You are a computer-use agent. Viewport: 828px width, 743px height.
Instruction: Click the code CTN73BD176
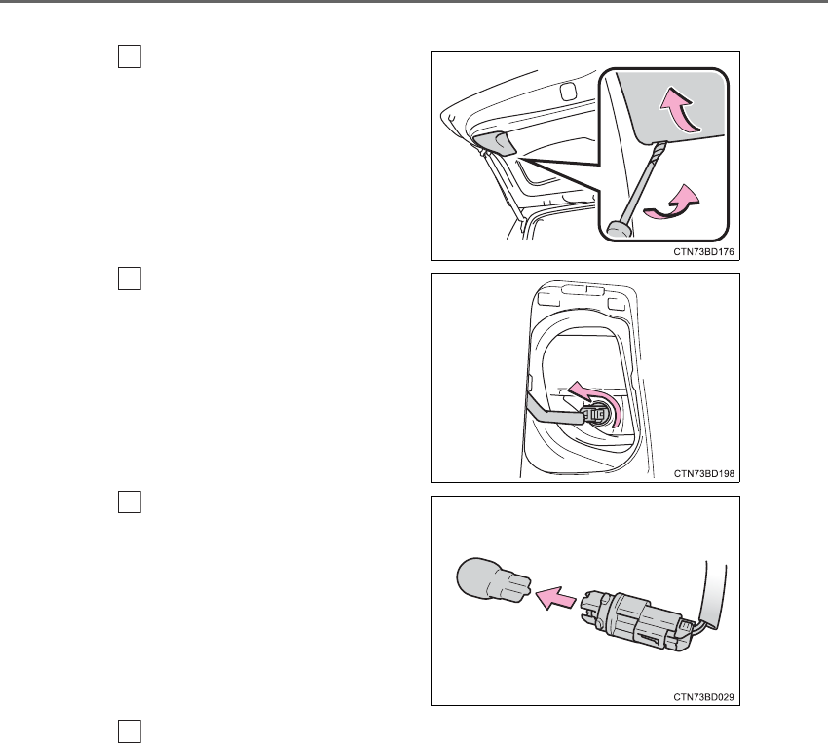click(x=703, y=251)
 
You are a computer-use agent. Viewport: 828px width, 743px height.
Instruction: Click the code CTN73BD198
click(x=704, y=474)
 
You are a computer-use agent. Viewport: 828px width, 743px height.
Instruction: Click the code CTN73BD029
click(x=703, y=697)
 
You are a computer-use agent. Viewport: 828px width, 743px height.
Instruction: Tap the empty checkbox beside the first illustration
click(x=130, y=56)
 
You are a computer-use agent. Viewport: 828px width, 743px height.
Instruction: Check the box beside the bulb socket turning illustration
click(x=130, y=279)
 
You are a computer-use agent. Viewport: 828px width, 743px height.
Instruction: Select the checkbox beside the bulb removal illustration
click(x=130, y=502)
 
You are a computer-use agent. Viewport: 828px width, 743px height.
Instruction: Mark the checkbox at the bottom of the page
click(x=130, y=731)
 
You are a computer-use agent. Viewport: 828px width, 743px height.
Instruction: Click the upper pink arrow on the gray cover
click(x=681, y=111)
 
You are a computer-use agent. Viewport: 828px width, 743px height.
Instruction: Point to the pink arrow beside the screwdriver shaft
click(x=673, y=204)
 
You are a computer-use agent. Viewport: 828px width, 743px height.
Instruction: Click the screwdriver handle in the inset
click(x=619, y=229)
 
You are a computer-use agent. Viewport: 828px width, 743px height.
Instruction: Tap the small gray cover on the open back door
click(x=495, y=143)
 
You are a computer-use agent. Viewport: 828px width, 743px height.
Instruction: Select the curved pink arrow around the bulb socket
click(x=597, y=398)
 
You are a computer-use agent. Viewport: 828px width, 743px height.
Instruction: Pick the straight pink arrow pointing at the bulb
click(x=555, y=598)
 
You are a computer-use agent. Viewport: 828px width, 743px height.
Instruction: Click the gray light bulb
click(x=493, y=578)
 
